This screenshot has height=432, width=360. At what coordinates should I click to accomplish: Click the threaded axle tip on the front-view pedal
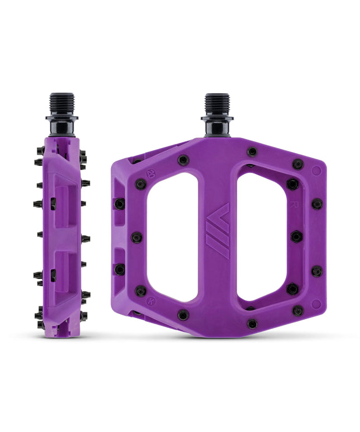[217, 104]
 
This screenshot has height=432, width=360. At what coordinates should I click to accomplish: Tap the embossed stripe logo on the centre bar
[218, 230]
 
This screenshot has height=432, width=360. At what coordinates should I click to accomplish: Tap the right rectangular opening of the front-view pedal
[262, 237]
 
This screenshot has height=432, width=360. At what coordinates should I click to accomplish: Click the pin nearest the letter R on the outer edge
[316, 204]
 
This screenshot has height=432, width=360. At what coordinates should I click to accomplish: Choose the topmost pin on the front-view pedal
[252, 151]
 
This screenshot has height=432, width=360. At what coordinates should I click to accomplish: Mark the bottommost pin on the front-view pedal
[252, 323]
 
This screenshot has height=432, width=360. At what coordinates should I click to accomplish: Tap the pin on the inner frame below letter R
[296, 237]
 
